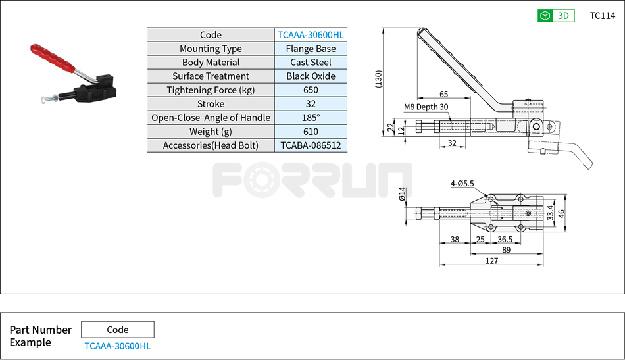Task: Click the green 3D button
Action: click(556, 16)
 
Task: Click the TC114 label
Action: click(602, 16)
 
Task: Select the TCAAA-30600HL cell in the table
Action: click(311, 35)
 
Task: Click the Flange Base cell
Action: click(311, 49)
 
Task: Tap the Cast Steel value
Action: click(311, 63)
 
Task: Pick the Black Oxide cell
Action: click(311, 76)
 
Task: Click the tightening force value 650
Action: click(311, 90)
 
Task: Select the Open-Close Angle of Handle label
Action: click(211, 118)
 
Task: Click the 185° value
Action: click(311, 118)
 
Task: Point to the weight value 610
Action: click(311, 132)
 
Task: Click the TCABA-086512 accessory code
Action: click(311, 145)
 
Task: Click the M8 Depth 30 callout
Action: click(426, 107)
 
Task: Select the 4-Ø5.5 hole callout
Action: click(462, 184)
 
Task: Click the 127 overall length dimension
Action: click(491, 261)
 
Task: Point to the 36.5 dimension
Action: click(505, 240)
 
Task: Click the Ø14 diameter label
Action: click(402, 193)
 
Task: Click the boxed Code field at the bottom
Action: click(118, 330)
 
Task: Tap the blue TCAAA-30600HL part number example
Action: click(118, 346)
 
